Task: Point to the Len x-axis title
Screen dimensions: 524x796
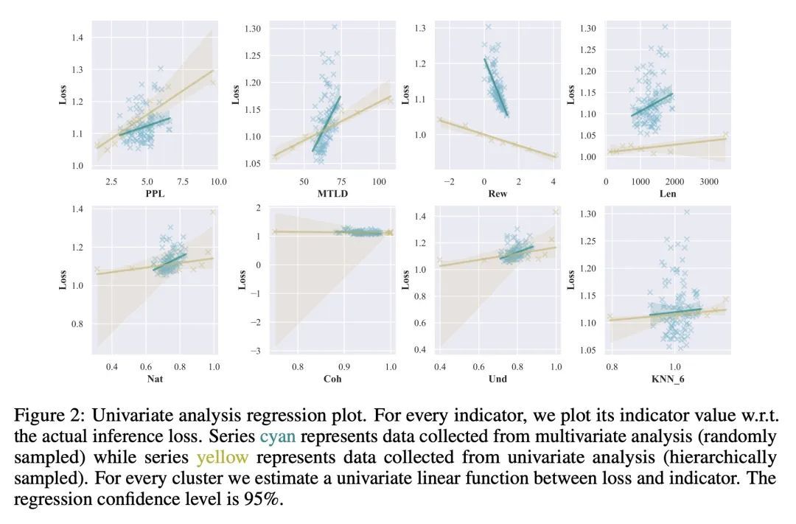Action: pyautogui.click(x=666, y=194)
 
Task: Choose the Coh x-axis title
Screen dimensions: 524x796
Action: pyautogui.click(x=332, y=380)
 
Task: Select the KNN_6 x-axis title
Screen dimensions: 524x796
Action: pyautogui.click(x=666, y=380)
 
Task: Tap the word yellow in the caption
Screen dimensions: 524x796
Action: pyautogui.click(x=222, y=457)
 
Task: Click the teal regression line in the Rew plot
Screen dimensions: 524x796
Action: pyautogui.click(x=495, y=85)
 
